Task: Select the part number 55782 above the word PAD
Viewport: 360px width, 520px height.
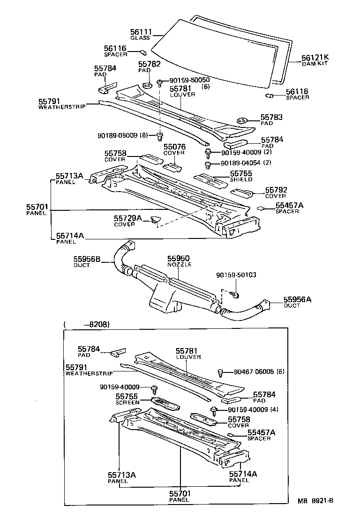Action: pyautogui.click(x=150, y=64)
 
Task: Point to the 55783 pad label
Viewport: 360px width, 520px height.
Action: pyautogui.click(x=272, y=117)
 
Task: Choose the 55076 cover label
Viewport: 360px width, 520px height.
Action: pyautogui.click(x=174, y=147)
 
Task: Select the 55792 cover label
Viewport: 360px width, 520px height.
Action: pyautogui.click(x=276, y=190)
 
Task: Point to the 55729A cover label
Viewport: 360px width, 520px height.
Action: pyautogui.click(x=127, y=218)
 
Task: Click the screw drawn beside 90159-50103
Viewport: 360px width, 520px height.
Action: pyautogui.click(x=236, y=295)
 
